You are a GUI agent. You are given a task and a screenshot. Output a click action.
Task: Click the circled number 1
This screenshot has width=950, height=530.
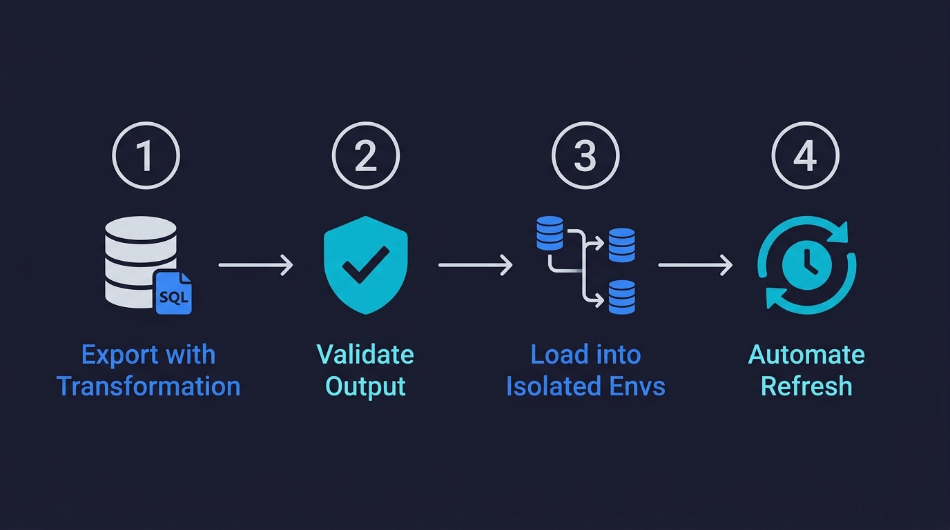click(x=146, y=156)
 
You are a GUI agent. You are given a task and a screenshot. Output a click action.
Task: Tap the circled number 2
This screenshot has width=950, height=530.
click(x=365, y=156)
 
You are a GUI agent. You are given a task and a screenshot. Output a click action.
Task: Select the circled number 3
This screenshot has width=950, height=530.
click(x=585, y=156)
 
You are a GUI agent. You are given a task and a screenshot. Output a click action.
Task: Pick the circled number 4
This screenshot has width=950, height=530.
click(x=805, y=156)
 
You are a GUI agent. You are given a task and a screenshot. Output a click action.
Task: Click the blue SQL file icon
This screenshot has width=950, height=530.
click(x=173, y=293)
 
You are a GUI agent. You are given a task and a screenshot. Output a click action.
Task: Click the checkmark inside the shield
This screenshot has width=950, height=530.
click(x=365, y=266)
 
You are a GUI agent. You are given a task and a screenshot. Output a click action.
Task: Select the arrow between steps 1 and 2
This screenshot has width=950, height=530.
click(x=255, y=265)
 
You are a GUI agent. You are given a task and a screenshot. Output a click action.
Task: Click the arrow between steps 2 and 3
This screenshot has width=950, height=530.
click(x=475, y=265)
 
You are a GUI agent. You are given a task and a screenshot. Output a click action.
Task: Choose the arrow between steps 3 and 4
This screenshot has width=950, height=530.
click(x=695, y=265)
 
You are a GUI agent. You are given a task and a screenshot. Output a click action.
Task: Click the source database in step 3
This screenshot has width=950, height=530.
click(x=550, y=233)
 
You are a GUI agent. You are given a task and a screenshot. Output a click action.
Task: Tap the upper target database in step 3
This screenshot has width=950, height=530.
click(x=621, y=245)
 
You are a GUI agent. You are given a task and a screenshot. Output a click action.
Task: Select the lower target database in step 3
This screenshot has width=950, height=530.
click(x=621, y=297)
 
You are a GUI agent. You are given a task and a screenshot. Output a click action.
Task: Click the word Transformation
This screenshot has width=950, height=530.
click(x=148, y=386)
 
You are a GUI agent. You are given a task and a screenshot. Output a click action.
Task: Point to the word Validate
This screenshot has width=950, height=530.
click(x=365, y=355)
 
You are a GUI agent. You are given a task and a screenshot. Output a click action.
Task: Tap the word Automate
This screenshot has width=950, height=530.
click(x=806, y=355)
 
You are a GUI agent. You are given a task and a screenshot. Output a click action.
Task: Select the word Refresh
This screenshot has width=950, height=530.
click(x=806, y=386)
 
